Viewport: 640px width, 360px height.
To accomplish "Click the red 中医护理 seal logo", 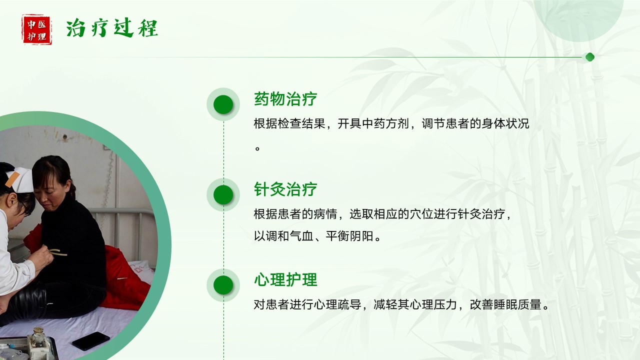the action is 37,29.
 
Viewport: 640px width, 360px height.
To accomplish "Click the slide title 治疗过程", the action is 111,28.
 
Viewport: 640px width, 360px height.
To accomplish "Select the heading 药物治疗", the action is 285,99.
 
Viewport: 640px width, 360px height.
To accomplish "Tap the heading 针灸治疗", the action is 285,189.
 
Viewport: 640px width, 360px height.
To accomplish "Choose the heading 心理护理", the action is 285,279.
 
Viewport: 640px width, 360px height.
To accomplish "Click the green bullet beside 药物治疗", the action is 223,104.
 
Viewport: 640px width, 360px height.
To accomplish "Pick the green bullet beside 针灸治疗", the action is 223,194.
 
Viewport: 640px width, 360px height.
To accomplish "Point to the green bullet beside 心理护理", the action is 223,285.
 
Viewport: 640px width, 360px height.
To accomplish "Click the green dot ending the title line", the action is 589,57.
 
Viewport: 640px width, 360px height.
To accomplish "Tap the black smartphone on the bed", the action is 91,340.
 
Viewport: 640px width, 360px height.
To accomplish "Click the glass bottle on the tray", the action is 38,338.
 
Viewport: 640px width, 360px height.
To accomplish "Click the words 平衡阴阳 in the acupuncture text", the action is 349,236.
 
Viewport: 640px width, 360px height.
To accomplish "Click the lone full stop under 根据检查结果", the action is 257,148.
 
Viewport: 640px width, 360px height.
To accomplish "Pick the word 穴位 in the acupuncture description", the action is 421,214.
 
